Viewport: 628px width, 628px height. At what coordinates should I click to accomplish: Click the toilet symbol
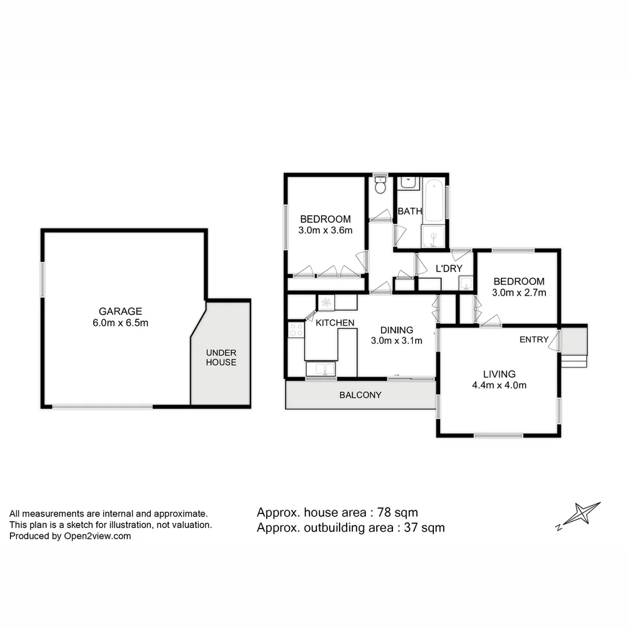click(380, 186)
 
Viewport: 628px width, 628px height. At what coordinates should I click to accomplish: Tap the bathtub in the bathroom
click(434, 201)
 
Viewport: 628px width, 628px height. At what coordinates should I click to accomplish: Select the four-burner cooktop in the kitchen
click(296, 330)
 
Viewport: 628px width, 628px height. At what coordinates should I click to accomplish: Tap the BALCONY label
click(361, 395)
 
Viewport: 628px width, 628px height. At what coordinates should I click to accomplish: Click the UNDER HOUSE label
click(221, 358)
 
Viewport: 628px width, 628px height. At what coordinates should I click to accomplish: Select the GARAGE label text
click(120, 312)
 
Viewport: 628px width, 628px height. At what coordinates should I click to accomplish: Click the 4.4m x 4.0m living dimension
click(499, 384)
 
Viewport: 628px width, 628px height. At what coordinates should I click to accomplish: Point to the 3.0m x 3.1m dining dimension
click(397, 341)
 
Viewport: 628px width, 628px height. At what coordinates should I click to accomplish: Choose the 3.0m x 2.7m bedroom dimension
click(519, 292)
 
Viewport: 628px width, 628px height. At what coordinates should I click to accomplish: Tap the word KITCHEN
click(335, 323)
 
